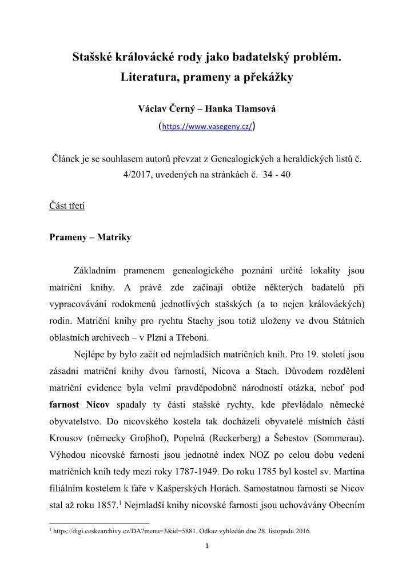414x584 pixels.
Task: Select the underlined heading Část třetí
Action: (67, 206)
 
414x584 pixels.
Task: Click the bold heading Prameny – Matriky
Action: (90, 237)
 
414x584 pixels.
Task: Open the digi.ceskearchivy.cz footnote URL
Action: (126, 531)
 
